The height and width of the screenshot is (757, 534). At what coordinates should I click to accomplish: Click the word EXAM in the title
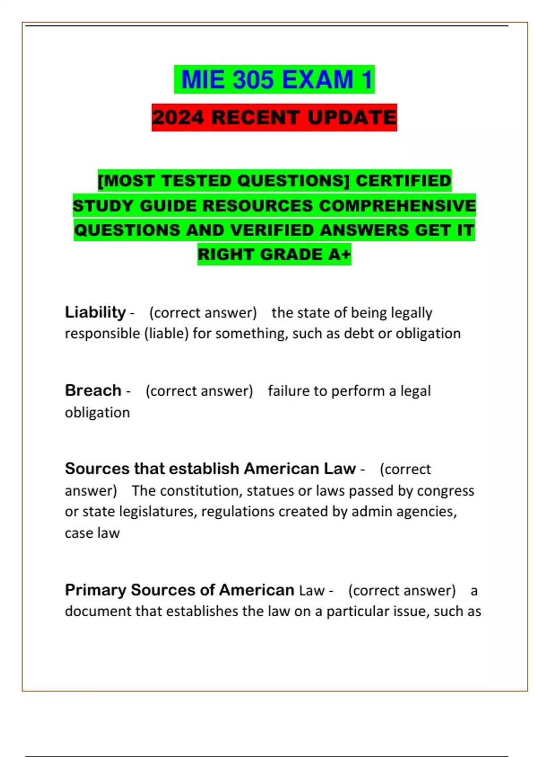[318, 80]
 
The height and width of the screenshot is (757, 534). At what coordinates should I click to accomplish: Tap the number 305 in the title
[253, 80]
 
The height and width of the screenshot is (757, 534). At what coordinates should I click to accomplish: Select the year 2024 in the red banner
[178, 118]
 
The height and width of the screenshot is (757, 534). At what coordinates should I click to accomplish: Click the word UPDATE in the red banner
[352, 118]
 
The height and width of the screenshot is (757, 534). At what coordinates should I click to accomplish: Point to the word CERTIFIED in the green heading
[403, 181]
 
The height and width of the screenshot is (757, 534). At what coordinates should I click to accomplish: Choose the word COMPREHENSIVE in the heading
[397, 206]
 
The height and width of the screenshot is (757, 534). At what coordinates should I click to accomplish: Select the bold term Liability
[95, 312]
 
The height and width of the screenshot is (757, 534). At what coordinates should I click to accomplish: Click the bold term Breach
[93, 391]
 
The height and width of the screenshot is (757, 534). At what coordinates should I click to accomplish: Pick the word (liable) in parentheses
[166, 334]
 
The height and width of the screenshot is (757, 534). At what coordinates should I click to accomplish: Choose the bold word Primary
[96, 590]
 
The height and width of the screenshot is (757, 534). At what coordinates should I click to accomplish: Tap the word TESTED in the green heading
[196, 181]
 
